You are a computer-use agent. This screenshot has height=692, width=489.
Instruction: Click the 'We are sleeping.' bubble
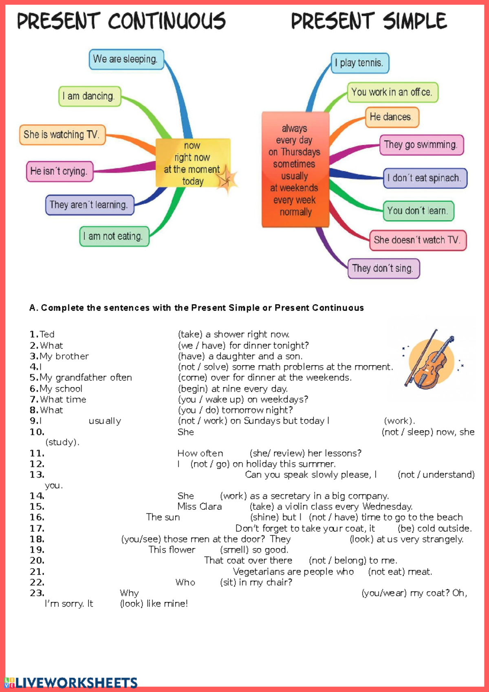(126, 60)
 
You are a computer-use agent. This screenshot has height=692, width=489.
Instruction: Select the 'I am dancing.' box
(90, 97)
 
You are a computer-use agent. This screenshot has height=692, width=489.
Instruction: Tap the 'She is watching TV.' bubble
(62, 135)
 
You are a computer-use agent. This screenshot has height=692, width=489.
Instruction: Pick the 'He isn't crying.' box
(59, 171)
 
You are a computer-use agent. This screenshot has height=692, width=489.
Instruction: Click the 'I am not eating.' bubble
(114, 236)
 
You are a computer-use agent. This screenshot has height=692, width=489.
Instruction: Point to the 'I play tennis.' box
(359, 63)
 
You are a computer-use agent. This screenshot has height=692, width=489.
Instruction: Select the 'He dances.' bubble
(392, 117)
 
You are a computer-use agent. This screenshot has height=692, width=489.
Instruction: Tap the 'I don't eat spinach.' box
(425, 178)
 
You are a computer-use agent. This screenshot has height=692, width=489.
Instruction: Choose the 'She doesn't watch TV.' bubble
(417, 240)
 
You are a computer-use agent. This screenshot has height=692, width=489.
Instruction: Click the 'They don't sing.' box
(383, 269)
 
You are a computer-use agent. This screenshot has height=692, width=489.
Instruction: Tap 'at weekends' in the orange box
(294, 188)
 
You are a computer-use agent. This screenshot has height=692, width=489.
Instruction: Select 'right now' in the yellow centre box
(192, 157)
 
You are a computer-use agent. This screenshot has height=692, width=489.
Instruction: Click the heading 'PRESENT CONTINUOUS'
(121, 21)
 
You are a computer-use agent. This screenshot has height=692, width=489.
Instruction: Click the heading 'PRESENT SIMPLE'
(369, 21)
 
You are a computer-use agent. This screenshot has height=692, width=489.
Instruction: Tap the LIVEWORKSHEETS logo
(71, 683)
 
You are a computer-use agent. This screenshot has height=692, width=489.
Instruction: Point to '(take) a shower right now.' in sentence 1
(233, 335)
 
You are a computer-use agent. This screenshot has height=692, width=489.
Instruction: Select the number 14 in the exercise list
(37, 496)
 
